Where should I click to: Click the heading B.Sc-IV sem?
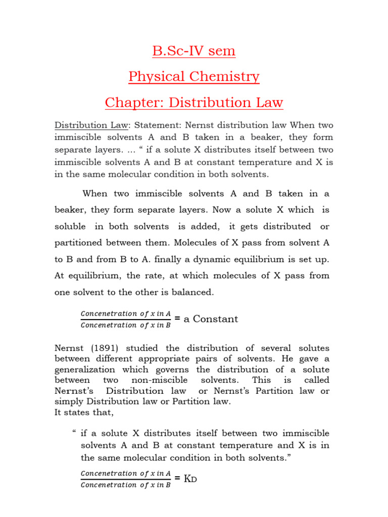(x=194, y=51)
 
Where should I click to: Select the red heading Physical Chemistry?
(x=194, y=77)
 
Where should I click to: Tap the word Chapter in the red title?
(x=130, y=103)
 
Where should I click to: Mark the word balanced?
(x=191, y=292)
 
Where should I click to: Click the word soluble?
(x=70, y=226)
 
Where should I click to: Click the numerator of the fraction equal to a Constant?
(x=126, y=314)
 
